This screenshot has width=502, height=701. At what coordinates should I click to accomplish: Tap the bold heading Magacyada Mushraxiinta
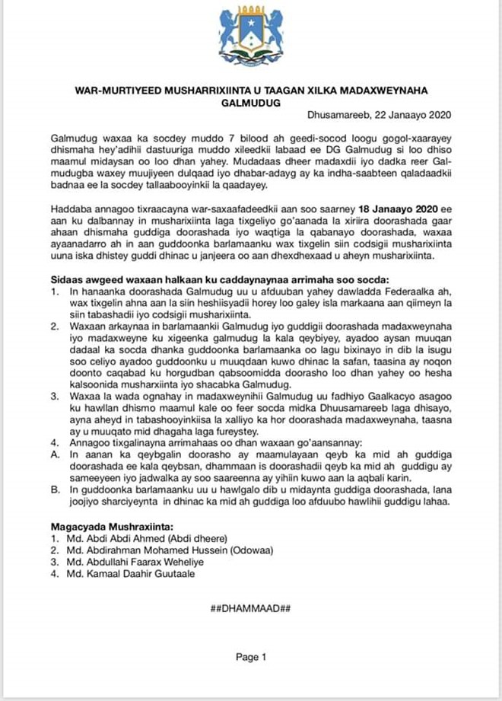110,526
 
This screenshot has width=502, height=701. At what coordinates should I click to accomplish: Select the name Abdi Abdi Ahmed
117,538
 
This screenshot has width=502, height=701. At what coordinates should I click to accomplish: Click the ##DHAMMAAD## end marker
250,608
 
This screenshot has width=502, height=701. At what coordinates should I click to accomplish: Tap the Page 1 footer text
250,656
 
